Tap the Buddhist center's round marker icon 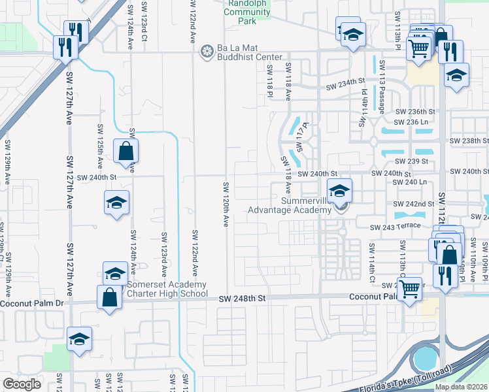pos(207,51)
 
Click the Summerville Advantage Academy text pos(289,205)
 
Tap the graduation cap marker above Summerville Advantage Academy pos(339,191)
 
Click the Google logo pos(22,384)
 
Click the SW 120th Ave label pos(225,204)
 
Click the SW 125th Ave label pos(100,145)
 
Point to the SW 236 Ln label pos(414,122)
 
